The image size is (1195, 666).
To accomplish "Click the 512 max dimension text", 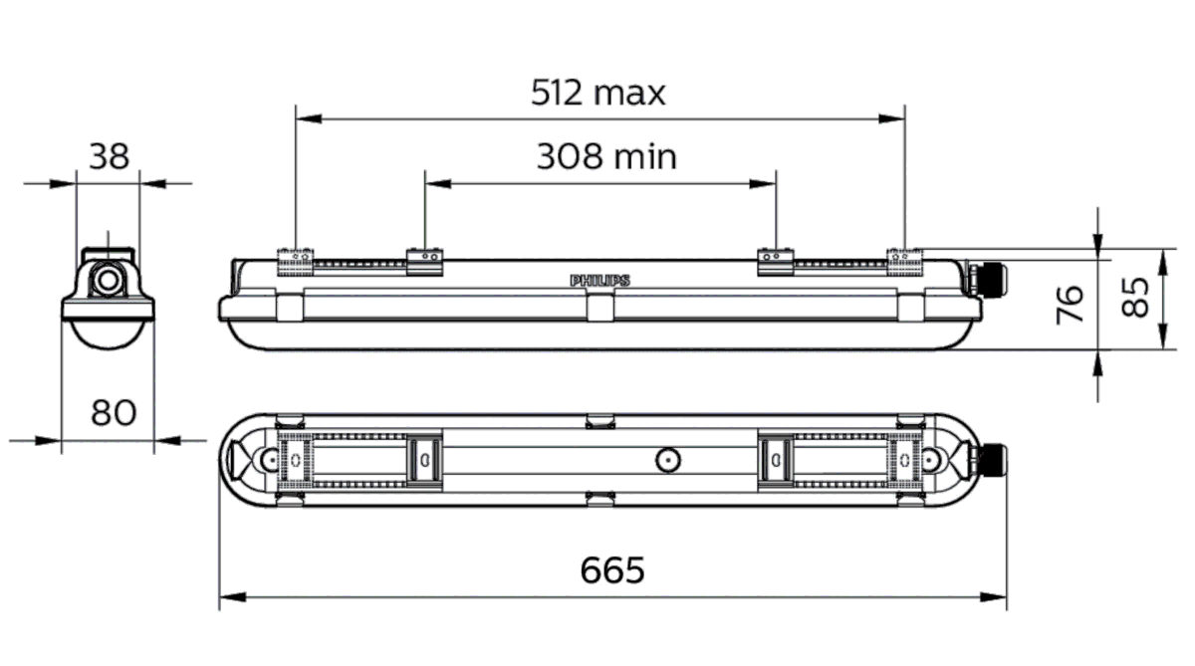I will click(x=597, y=93).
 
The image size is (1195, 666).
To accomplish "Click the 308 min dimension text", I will click(x=605, y=156).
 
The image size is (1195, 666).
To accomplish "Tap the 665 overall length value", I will click(x=612, y=570).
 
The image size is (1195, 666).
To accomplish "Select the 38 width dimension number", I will click(x=109, y=156).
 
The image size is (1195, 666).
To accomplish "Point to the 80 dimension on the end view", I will click(x=113, y=411).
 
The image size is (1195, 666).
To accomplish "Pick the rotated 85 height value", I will click(x=1135, y=297).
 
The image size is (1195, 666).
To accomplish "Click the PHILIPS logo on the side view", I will click(x=599, y=281).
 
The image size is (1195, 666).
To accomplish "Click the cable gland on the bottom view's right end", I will click(x=993, y=460).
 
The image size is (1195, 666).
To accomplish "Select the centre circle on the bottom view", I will click(x=666, y=459).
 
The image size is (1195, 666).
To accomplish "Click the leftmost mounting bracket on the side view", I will click(x=296, y=260).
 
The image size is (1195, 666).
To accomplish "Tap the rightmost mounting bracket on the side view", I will click(x=904, y=259).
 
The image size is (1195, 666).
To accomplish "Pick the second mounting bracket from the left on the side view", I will click(x=425, y=261).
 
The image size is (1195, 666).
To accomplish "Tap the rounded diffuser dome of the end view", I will click(x=108, y=333).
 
